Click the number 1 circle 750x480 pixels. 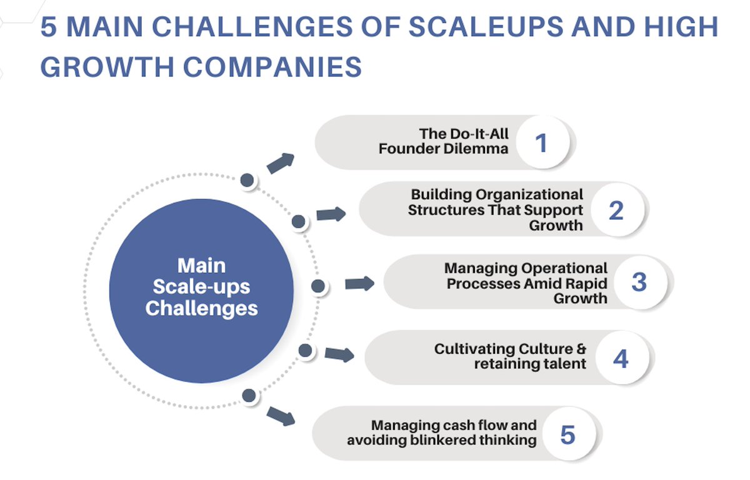(542, 142)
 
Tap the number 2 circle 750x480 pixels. (617, 210)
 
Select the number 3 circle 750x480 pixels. (641, 282)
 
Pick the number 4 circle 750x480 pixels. (622, 358)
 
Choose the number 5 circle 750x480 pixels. (569, 434)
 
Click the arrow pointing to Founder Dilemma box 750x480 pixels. (281, 164)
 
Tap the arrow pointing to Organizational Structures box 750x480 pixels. (331, 214)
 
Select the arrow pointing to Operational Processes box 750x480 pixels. (359, 283)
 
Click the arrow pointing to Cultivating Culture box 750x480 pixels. (339, 355)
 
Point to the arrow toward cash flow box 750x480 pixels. (281, 416)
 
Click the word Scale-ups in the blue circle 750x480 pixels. (201, 287)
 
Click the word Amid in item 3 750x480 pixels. (542, 283)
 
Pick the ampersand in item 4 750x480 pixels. (581, 349)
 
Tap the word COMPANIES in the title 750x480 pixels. (272, 67)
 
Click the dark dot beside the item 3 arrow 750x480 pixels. (318, 287)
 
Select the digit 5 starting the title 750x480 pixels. (49, 27)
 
